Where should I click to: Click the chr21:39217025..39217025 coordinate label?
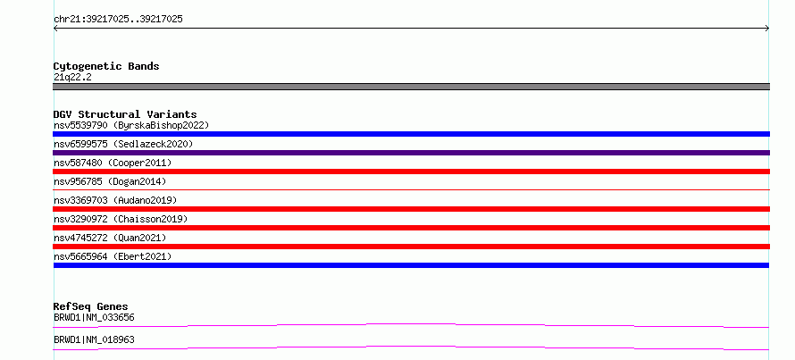pos(118,20)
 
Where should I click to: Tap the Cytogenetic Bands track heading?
pos(106,66)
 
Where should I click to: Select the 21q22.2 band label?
pos(72,78)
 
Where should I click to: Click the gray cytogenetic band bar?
pos(411,87)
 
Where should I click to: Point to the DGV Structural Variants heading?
pos(125,114)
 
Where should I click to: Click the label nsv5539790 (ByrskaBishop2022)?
pos(131,125)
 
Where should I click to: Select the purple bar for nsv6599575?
pos(411,153)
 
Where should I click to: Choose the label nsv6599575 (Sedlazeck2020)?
pos(123,144)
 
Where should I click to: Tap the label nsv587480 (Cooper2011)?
pos(113,163)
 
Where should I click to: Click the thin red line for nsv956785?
pos(411,189)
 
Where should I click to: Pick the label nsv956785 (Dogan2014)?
pos(110,181)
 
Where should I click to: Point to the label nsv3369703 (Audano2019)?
pos(115,200)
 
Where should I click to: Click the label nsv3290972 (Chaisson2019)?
pos(121,219)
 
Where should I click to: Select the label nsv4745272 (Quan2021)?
pos(110,238)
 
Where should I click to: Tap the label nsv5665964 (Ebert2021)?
pos(113,256)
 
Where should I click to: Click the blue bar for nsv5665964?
pos(411,265)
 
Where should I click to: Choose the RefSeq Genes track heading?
pos(91,306)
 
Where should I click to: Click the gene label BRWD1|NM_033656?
pos(94,318)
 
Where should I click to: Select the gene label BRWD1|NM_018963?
pos(94,339)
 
